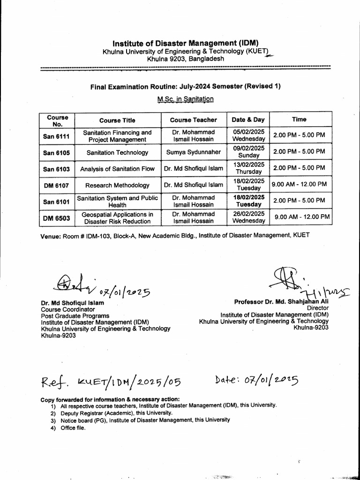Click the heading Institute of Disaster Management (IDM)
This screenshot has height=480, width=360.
click(x=186, y=43)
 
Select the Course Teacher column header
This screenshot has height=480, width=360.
click(x=194, y=120)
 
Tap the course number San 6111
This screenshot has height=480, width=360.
click(x=56, y=136)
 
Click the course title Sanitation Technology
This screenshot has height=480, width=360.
click(x=117, y=152)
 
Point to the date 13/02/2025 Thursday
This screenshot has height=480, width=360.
click(x=248, y=168)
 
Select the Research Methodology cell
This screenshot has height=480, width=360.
click(x=117, y=185)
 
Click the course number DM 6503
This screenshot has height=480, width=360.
click(x=56, y=217)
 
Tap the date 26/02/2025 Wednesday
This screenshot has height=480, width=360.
click(x=248, y=217)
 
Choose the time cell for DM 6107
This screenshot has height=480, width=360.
click(x=300, y=184)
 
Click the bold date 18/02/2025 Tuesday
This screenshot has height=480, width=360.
click(x=248, y=201)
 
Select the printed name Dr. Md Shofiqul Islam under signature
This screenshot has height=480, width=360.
click(x=73, y=303)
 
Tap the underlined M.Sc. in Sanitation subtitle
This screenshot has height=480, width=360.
click(x=185, y=99)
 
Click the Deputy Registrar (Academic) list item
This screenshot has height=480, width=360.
click(x=110, y=413)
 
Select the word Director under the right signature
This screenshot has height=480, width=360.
click(x=317, y=308)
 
